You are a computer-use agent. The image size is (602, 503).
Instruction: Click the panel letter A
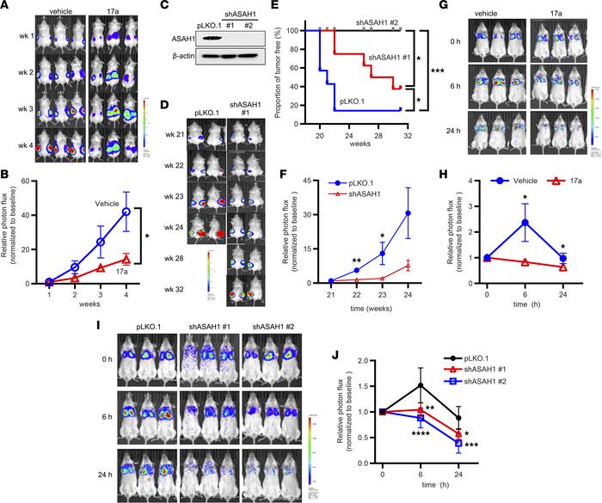coord(6,6)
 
